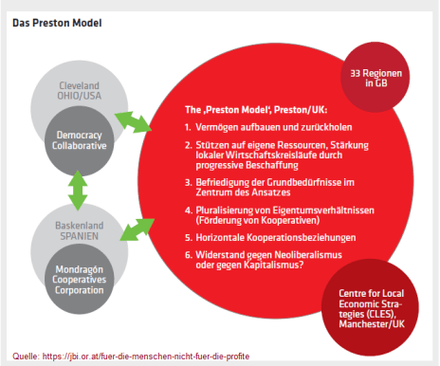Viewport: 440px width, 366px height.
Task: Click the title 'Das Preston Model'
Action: (57, 23)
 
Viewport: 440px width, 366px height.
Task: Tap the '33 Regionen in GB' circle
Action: (376, 78)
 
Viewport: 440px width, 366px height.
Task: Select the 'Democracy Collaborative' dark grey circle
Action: (80, 140)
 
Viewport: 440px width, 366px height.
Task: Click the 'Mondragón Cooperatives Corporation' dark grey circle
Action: (80, 279)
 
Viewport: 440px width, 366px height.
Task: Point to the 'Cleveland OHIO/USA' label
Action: (80, 91)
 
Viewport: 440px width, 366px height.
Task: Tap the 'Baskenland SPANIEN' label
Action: (80, 230)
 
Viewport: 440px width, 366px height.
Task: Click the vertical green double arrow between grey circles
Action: (78, 191)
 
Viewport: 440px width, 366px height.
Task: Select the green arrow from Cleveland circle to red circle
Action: (133, 121)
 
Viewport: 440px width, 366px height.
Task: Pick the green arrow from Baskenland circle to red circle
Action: (137, 229)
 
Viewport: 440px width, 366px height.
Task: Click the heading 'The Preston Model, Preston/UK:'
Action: (256, 110)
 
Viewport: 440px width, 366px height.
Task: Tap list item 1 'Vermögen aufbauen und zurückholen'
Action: (268, 127)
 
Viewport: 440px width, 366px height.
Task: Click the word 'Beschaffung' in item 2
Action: (272, 165)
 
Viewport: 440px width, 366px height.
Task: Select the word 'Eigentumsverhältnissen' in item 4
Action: (323, 210)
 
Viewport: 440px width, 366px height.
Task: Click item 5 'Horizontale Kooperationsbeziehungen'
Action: (270, 237)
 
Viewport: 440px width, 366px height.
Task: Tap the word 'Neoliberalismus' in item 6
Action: (308, 255)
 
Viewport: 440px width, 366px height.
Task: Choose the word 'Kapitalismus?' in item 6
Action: (273, 265)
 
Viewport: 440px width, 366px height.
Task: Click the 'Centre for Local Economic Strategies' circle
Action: (370, 307)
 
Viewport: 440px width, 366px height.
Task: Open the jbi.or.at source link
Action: (146, 357)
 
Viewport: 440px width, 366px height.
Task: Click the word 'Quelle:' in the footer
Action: (26, 357)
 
